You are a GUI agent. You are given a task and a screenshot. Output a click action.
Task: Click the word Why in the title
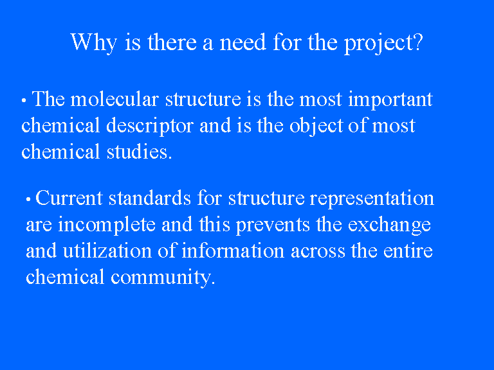(94, 42)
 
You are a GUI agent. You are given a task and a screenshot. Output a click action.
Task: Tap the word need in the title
(242, 42)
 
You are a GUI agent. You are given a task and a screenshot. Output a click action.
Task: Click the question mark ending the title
(418, 42)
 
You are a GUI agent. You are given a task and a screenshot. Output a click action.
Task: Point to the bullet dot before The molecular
(24, 101)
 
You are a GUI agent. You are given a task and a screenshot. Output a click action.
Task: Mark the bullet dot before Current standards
(28, 200)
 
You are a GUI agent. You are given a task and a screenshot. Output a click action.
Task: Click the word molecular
(114, 99)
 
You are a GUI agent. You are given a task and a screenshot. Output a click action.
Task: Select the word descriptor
(150, 127)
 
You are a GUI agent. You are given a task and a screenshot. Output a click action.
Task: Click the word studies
(139, 152)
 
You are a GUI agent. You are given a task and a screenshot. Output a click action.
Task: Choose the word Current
(69, 198)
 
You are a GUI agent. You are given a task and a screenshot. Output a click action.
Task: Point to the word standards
(150, 198)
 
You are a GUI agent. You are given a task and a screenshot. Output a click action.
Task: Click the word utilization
(107, 251)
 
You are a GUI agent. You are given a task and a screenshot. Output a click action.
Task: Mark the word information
(233, 251)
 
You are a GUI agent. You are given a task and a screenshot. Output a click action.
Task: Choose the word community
(163, 277)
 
